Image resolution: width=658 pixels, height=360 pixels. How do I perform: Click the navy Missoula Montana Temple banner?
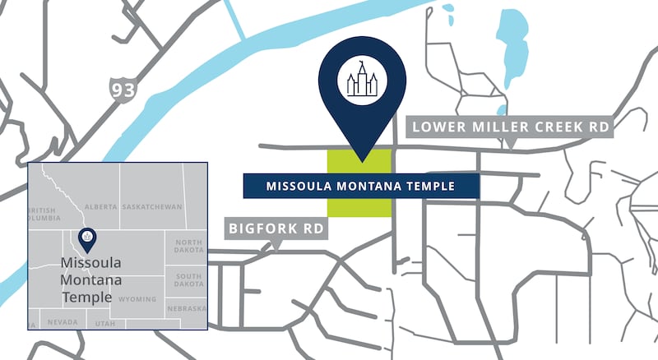pyautogui.click(x=360, y=186)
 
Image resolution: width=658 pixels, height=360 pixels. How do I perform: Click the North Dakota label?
pyautogui.click(x=188, y=247)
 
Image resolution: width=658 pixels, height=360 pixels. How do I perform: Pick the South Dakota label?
pyautogui.click(x=188, y=280)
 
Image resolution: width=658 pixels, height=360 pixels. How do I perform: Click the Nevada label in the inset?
pyautogui.click(x=63, y=322)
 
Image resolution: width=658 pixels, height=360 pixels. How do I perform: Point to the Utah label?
pyautogui.click(x=105, y=324)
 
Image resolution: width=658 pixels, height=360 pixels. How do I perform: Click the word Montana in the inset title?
pyautogui.click(x=86, y=280)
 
